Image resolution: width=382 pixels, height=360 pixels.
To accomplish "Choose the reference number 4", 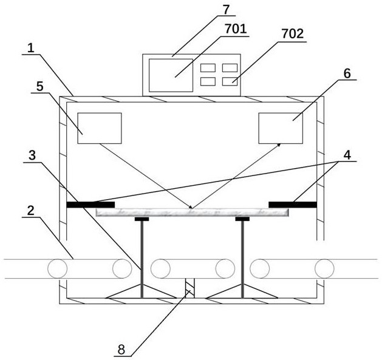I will click(x=347, y=155).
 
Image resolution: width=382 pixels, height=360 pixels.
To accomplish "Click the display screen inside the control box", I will click(x=171, y=75).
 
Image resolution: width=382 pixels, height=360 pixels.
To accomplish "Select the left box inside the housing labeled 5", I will click(x=100, y=128).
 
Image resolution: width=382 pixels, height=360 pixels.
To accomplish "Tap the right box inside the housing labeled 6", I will click(x=281, y=128).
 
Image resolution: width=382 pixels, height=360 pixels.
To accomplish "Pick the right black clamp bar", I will click(x=292, y=204).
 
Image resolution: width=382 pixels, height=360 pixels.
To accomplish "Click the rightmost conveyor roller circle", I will click(x=324, y=268).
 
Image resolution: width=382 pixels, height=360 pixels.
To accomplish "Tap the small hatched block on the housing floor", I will click(x=189, y=289).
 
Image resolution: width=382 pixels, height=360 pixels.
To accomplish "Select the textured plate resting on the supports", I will click(x=192, y=212).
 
